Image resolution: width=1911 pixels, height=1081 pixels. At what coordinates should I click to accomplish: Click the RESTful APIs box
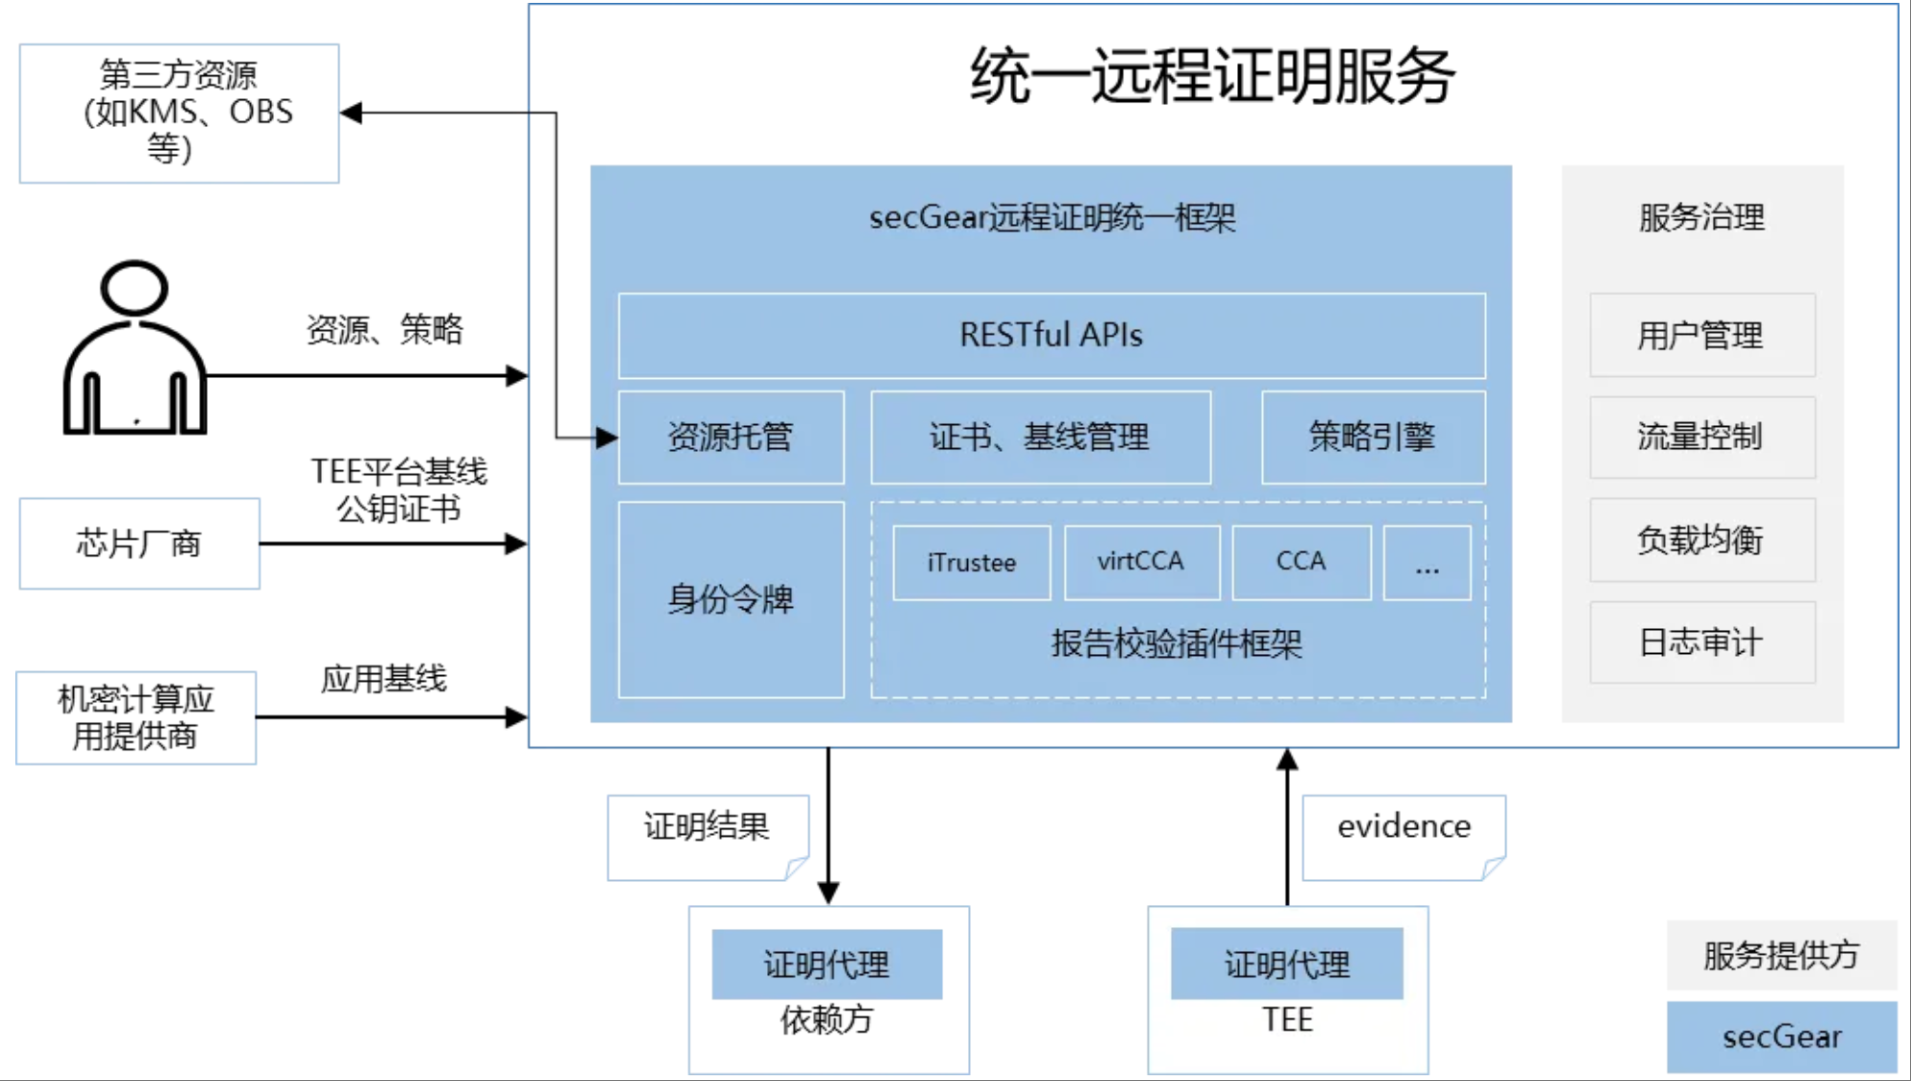(x=1052, y=336)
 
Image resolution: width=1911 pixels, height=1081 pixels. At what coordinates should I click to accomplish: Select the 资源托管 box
(x=731, y=438)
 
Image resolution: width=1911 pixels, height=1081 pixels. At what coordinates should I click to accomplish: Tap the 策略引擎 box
(x=1373, y=438)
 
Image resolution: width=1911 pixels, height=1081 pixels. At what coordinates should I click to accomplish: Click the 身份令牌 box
(x=731, y=599)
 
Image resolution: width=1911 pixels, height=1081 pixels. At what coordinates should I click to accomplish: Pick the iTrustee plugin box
(x=971, y=563)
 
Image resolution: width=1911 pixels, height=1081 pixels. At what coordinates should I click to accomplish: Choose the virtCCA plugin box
(x=1141, y=563)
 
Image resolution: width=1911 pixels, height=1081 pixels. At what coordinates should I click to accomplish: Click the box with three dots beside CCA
(x=1427, y=563)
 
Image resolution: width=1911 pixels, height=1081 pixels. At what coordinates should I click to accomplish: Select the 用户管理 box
(x=1701, y=336)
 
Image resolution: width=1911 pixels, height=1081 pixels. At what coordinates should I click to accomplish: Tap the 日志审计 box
(x=1701, y=642)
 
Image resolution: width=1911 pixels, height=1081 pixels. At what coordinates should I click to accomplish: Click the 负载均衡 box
(x=1701, y=540)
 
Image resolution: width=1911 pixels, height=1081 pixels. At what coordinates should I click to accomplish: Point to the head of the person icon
(x=135, y=288)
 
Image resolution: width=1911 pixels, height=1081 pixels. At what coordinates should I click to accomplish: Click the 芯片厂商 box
(x=139, y=543)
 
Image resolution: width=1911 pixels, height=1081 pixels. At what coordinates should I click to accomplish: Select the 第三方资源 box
(x=179, y=113)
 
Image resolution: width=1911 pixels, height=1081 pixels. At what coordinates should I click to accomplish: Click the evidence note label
(x=1402, y=828)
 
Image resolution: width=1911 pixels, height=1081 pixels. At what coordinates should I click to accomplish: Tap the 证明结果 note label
(x=707, y=828)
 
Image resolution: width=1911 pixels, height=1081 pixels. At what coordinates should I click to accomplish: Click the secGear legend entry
(x=1781, y=1037)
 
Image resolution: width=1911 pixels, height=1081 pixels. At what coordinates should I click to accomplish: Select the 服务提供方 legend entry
(x=1781, y=955)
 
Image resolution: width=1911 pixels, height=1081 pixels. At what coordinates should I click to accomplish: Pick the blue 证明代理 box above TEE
(x=1286, y=964)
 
